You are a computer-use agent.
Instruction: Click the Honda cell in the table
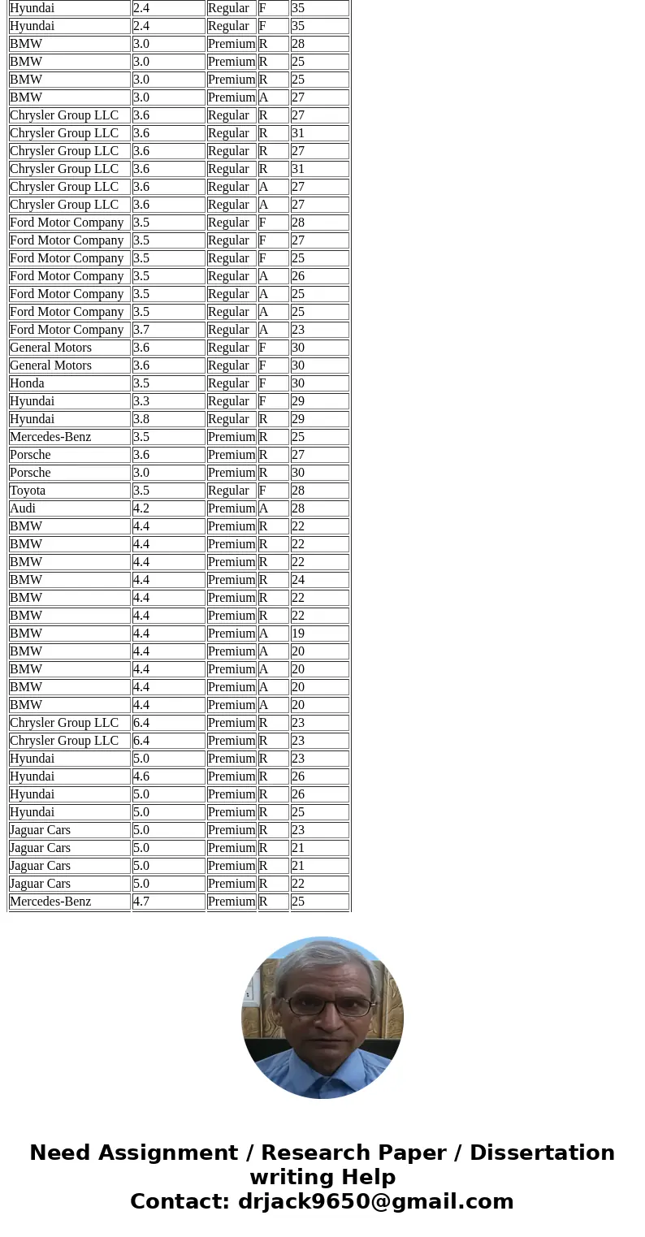(x=28, y=383)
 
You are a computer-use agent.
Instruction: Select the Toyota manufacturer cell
(x=28, y=491)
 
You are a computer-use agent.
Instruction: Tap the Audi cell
(x=23, y=508)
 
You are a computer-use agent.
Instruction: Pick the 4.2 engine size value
(x=141, y=508)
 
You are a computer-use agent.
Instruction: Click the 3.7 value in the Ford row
(x=141, y=330)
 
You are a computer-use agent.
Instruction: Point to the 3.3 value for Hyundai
(x=141, y=401)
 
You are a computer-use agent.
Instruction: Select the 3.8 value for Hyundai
(x=141, y=419)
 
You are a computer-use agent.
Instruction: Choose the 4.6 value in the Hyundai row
(x=141, y=776)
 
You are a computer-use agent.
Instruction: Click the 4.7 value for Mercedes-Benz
(x=141, y=902)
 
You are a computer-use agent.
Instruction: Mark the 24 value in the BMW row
(x=298, y=580)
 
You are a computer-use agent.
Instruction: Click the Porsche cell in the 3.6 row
(x=30, y=455)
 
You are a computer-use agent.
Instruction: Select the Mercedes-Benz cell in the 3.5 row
(x=50, y=437)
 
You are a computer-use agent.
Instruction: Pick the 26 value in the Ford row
(x=298, y=276)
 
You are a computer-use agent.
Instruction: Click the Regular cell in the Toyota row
(x=228, y=491)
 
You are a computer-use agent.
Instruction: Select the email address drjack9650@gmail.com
(x=375, y=1202)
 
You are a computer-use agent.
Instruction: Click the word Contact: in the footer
(x=180, y=1202)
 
